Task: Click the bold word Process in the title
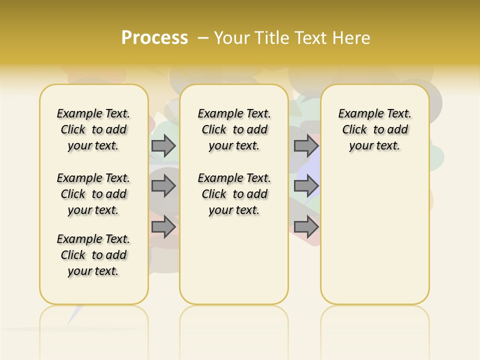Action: click(x=154, y=37)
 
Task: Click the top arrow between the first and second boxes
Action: click(x=163, y=145)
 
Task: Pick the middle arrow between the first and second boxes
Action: click(x=163, y=186)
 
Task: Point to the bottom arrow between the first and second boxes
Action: click(x=163, y=227)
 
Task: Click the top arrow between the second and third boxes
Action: click(x=306, y=145)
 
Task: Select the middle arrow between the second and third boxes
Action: click(x=306, y=186)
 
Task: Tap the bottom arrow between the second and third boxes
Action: click(x=306, y=227)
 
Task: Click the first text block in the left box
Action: click(x=93, y=129)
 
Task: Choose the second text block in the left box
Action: click(x=93, y=194)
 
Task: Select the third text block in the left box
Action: click(x=93, y=255)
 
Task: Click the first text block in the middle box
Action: click(x=234, y=129)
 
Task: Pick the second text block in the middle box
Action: click(x=234, y=194)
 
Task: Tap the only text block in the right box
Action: click(x=374, y=129)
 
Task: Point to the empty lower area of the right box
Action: click(x=374, y=230)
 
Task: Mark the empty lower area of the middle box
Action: click(x=234, y=260)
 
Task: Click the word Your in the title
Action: click(x=231, y=37)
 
